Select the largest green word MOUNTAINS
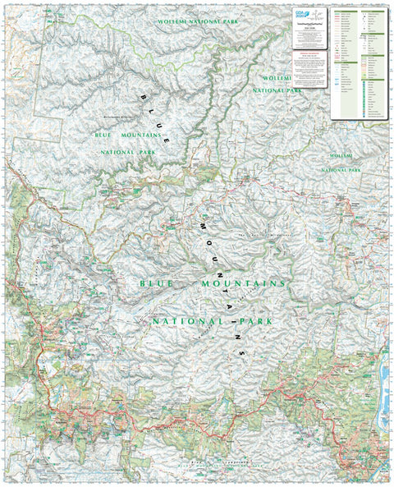click(x=245, y=283)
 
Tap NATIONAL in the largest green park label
click(x=181, y=319)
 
